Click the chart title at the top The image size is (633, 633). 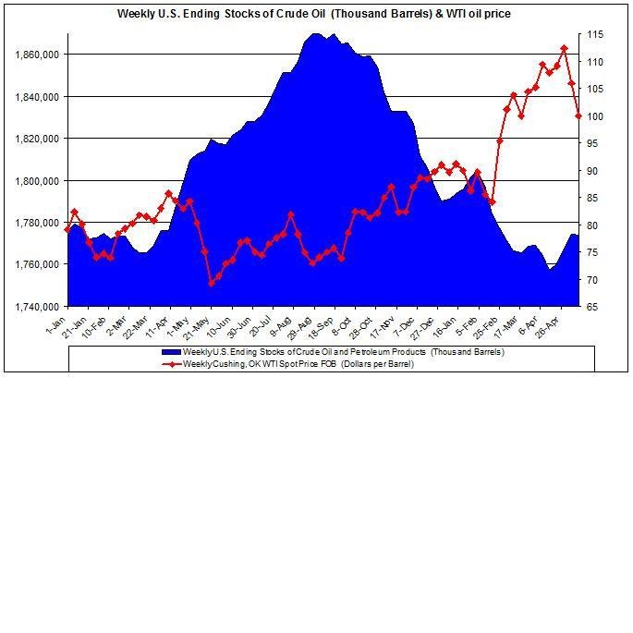[313, 14]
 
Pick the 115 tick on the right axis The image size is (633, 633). [597, 34]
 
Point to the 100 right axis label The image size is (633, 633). [597, 116]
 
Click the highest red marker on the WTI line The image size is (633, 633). [564, 48]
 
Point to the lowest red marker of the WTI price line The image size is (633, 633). [211, 283]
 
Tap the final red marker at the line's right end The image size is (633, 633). [578, 116]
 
